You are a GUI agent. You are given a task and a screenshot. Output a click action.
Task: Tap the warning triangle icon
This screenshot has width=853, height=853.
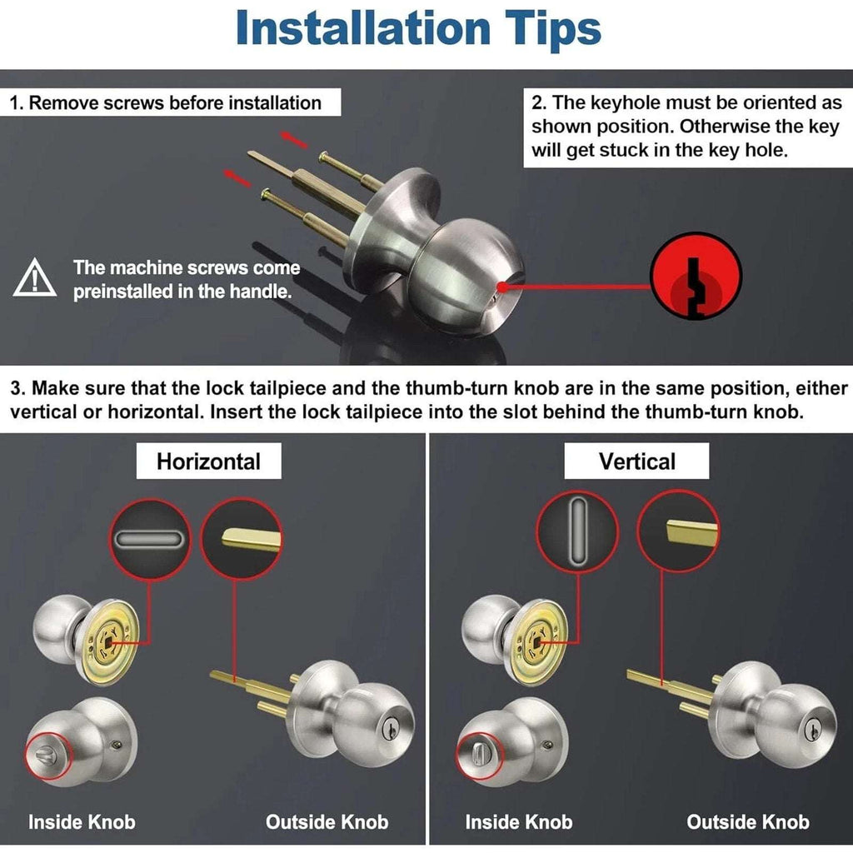point(35,278)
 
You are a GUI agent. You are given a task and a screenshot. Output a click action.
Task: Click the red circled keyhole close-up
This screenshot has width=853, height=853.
point(696,277)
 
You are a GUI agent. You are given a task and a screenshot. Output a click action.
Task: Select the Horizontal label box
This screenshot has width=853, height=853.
point(209,461)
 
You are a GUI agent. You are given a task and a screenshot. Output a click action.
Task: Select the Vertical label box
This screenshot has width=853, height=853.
point(636,461)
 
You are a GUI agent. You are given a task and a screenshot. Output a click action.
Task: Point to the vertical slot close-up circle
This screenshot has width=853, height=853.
point(577,531)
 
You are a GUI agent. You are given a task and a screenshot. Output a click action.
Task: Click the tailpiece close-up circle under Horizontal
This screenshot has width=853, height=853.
point(242,540)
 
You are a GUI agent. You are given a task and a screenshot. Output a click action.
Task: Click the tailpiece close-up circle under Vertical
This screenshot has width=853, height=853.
point(678,531)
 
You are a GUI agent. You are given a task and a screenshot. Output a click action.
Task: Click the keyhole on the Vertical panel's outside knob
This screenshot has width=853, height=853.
point(815,728)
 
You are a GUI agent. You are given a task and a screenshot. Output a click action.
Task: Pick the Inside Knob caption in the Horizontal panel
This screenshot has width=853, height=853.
point(82,822)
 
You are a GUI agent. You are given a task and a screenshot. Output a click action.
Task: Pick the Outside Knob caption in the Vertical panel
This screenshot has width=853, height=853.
point(747,822)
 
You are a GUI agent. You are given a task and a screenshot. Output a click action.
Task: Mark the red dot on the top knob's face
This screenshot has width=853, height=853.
point(502,287)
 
